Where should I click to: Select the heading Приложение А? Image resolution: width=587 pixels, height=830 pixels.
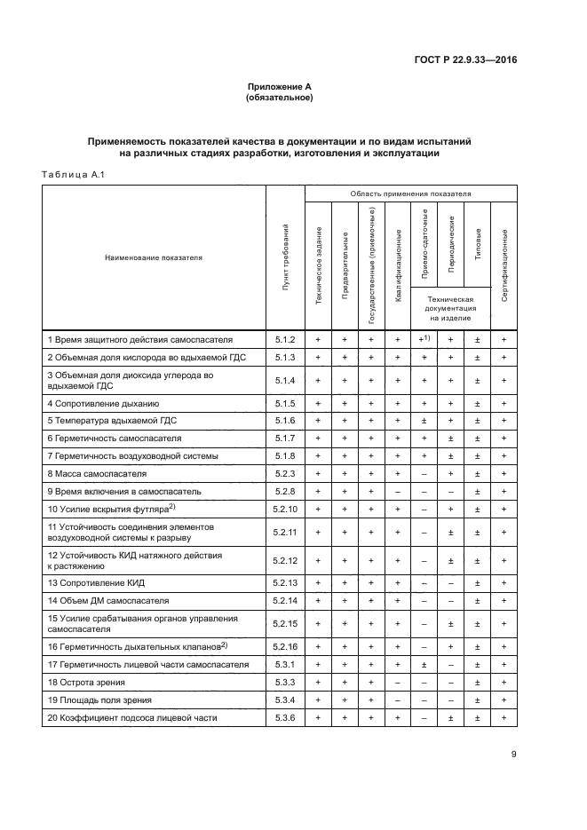pos(279,86)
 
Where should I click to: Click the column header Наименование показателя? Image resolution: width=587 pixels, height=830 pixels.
pos(154,258)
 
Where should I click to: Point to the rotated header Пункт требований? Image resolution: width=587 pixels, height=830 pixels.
pos(285,258)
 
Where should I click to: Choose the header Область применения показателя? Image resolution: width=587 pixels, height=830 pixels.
pos(410,193)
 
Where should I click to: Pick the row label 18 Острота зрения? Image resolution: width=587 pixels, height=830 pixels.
pos(86,682)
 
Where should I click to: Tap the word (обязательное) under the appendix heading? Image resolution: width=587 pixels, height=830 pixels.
pos(279,97)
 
